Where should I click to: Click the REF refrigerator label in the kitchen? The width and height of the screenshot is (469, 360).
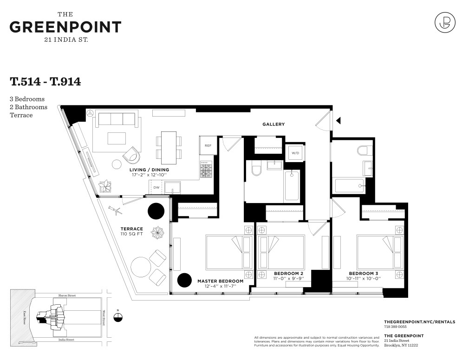click(x=208, y=146)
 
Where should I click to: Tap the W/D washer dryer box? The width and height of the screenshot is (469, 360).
click(x=295, y=153)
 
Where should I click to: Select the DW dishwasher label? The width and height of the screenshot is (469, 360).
click(x=156, y=188)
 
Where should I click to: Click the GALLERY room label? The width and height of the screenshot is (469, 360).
click(x=273, y=124)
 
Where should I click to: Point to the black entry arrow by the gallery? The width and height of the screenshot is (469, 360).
click(x=339, y=121)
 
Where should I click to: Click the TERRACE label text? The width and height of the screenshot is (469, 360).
click(x=131, y=229)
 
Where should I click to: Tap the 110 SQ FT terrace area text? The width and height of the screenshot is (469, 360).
click(x=131, y=234)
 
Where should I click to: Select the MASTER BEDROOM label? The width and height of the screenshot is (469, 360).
click(x=220, y=281)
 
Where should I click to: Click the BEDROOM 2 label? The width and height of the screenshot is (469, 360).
click(x=288, y=273)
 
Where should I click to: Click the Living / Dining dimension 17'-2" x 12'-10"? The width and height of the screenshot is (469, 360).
click(x=149, y=175)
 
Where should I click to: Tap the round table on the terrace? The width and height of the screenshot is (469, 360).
click(x=141, y=267)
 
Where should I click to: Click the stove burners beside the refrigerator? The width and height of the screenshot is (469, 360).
click(x=206, y=169)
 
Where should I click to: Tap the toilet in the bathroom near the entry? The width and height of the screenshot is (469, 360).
click(x=364, y=150)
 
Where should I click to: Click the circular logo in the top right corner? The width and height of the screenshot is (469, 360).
click(x=444, y=22)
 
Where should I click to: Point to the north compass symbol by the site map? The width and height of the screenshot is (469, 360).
click(x=118, y=317)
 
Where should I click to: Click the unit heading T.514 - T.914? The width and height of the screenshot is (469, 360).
click(x=46, y=82)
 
